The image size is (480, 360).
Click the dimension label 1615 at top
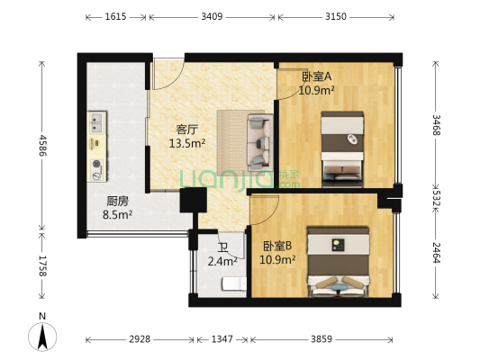[116, 16]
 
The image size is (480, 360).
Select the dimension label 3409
[213, 16]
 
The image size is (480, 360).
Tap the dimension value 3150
[336, 16]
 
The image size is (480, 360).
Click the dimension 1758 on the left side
[42, 265]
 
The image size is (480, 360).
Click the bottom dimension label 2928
[139, 339]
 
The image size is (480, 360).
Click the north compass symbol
[42, 335]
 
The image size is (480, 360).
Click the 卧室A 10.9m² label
[317, 84]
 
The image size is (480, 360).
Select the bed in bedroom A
[343, 144]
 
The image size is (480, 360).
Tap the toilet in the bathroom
[232, 285]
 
